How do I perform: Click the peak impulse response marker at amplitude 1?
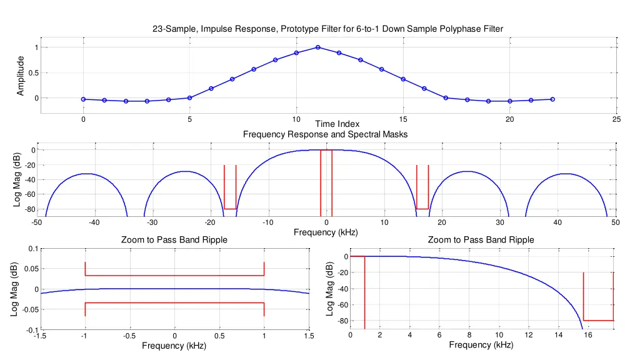318,47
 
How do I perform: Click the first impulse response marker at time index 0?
83,99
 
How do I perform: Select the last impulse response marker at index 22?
552,99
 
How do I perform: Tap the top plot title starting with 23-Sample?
327,29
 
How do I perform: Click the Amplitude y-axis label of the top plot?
21,76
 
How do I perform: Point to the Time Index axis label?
337,124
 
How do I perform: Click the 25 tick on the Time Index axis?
617,120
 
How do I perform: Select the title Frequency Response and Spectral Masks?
325,134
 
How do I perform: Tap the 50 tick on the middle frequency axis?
615,222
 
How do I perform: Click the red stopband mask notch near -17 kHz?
230,207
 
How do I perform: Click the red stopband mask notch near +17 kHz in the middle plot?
422,207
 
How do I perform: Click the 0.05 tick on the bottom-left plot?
28,269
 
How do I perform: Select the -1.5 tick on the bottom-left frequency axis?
39,336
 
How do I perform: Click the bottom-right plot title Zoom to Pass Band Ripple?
481,240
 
